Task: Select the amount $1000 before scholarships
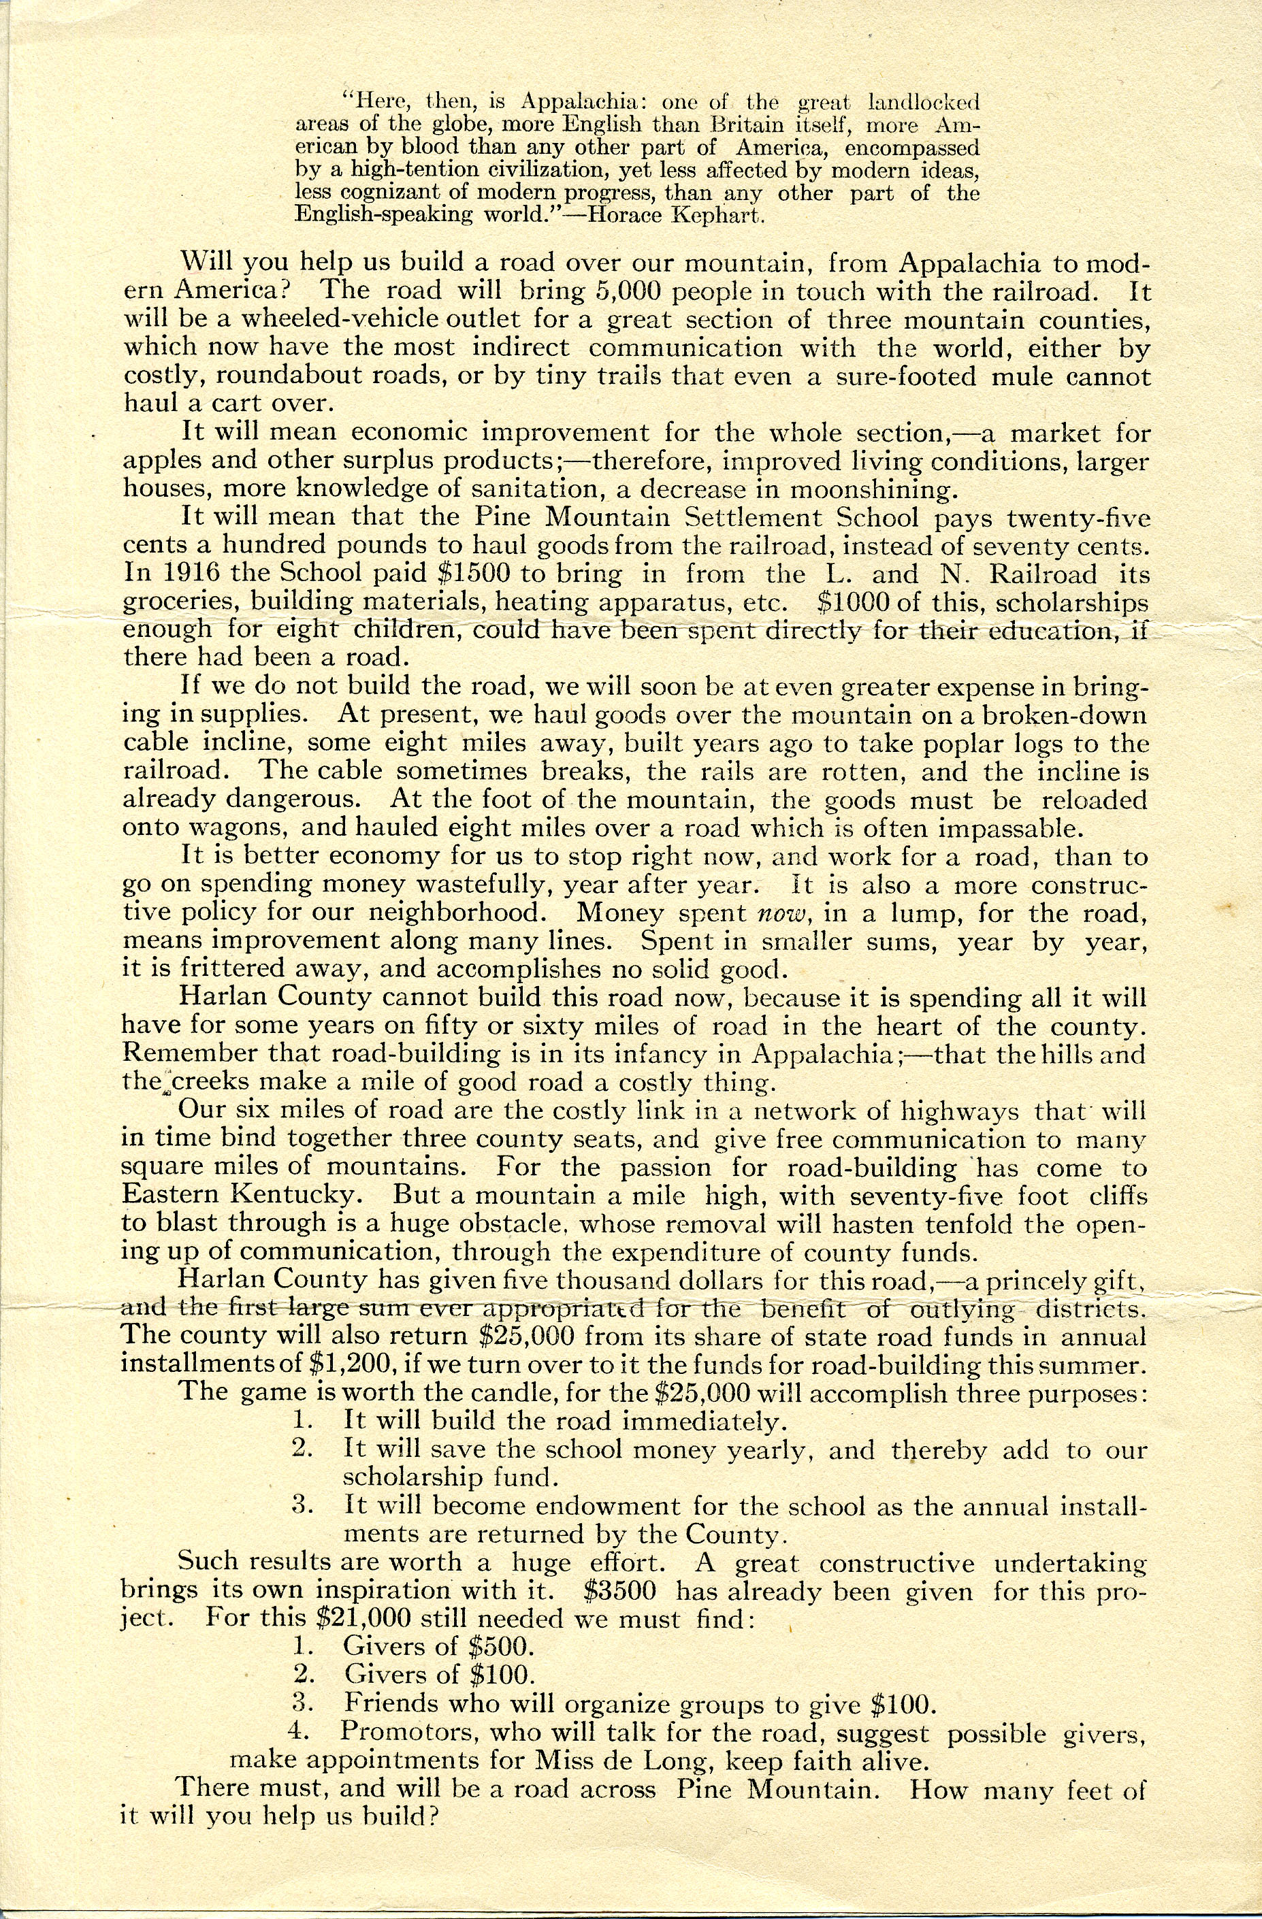(836, 602)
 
